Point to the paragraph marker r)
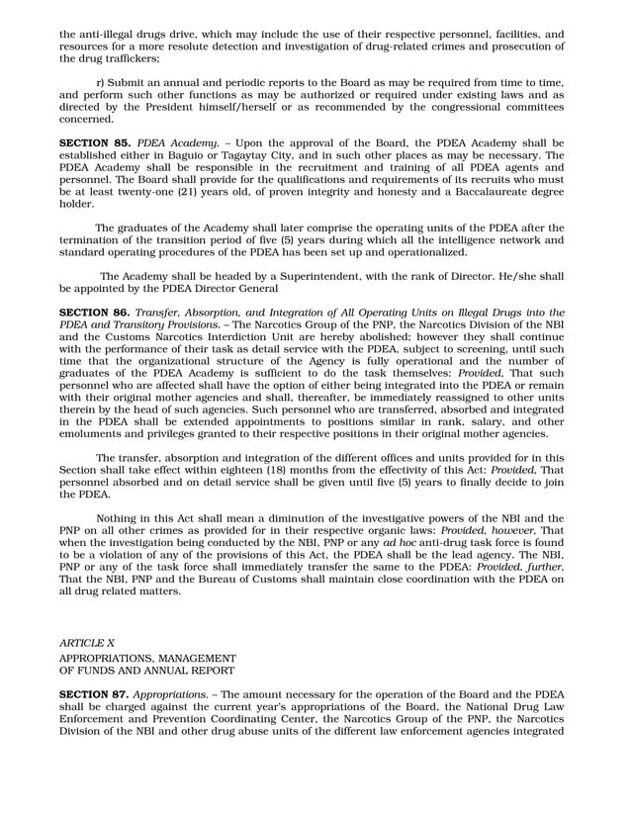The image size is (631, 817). (101, 82)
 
